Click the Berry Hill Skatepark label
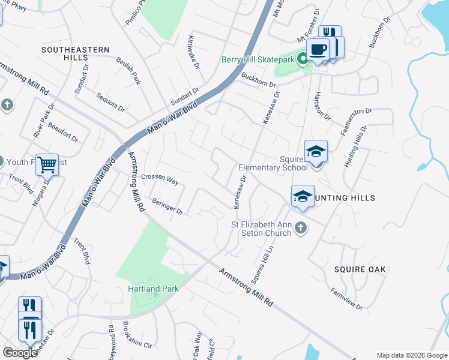(x=258, y=59)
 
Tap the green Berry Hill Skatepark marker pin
(x=304, y=59)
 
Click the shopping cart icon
(x=47, y=163)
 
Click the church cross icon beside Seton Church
(x=301, y=227)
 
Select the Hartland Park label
(x=153, y=289)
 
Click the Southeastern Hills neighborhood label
(x=76, y=53)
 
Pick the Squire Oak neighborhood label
(x=360, y=269)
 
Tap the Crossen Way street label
(x=160, y=179)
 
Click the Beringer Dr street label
(x=167, y=206)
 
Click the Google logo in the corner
(x=19, y=353)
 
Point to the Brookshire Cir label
(x=137, y=335)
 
